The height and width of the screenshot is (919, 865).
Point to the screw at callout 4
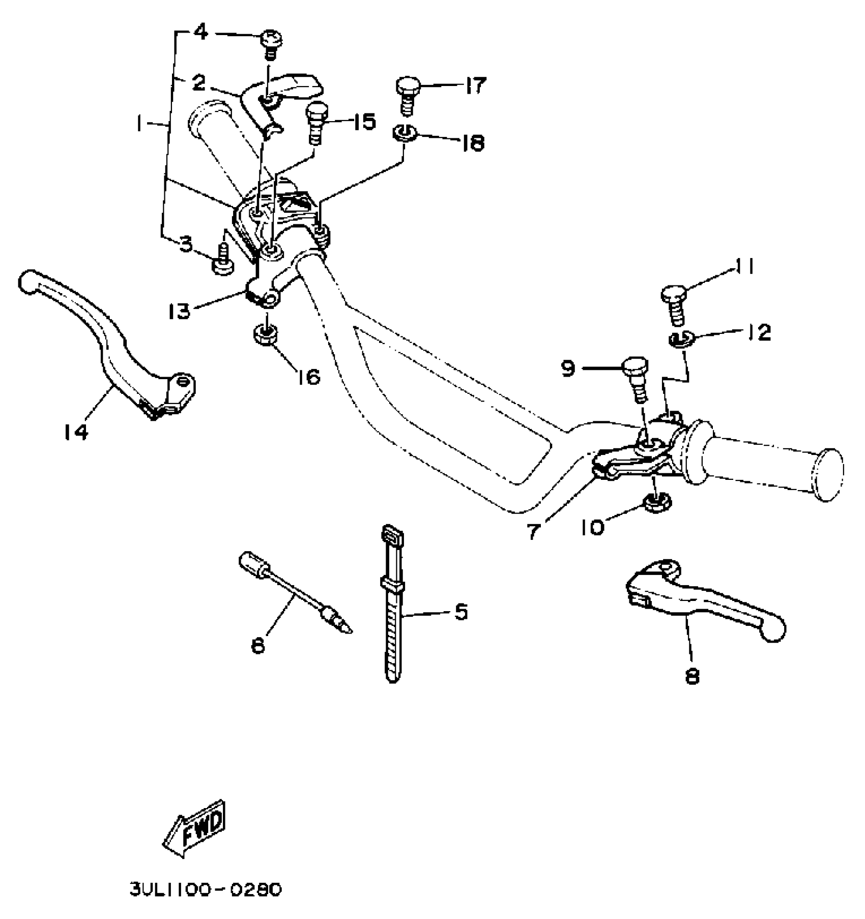pos(271,44)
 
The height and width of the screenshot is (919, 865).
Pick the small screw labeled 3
pos(223,260)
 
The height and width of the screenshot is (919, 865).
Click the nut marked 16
pos(265,335)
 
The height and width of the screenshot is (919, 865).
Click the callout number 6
pos(258,646)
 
